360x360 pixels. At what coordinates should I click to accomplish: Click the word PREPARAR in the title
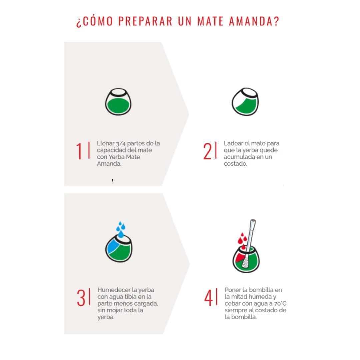coord(145,21)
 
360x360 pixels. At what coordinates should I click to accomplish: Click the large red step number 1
coord(79,151)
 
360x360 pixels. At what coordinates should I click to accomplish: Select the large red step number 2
coord(207,151)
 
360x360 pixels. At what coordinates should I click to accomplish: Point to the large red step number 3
coord(81,298)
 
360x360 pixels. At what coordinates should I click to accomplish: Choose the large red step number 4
coord(208,298)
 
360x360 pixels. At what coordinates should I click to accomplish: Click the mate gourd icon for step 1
coord(118,101)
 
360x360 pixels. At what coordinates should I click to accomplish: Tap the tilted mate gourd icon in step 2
coord(245,101)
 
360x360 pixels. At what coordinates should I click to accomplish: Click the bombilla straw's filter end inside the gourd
coord(245,262)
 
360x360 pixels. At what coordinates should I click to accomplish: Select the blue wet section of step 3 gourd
coord(113,246)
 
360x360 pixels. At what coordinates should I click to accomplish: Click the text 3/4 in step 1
coord(121,143)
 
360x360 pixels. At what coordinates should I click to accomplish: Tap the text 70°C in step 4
coord(280,304)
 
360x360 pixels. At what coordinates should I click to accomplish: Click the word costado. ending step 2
coord(236,164)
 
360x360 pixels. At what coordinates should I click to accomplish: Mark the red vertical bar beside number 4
coord(217,297)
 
